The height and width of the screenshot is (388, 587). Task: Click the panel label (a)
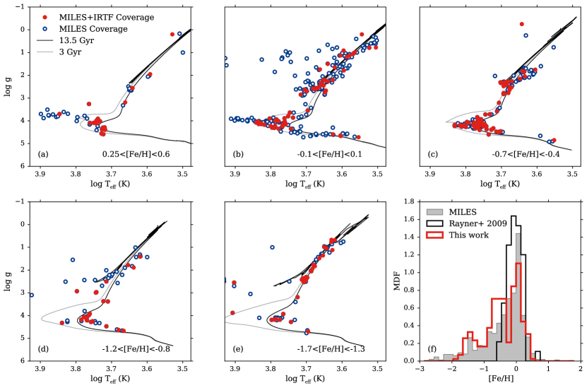click(x=43, y=155)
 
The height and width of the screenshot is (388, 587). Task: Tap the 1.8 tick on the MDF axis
click(x=409, y=202)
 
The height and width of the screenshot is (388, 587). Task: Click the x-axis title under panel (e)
click(x=304, y=381)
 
